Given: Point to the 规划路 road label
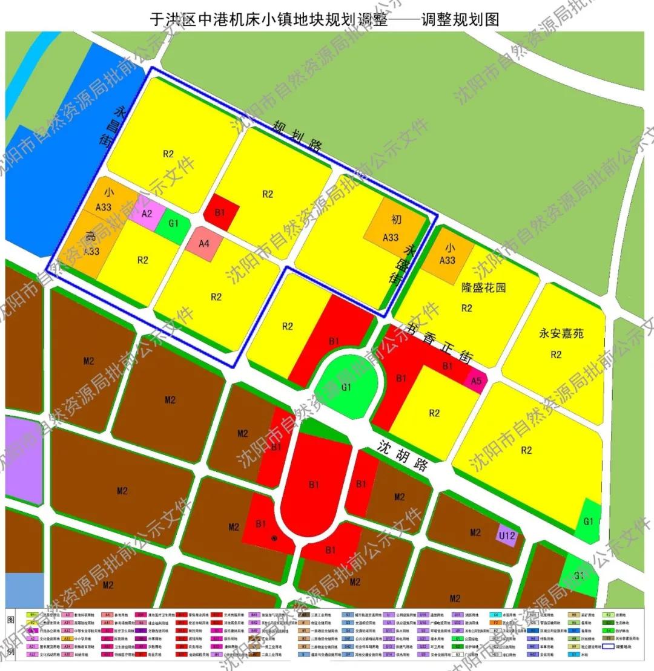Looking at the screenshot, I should point(297,137).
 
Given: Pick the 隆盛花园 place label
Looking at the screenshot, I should point(483,287).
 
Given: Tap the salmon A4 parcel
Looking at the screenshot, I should point(204,244).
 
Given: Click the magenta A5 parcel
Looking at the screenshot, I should point(477,381).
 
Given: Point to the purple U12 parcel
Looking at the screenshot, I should point(507,535).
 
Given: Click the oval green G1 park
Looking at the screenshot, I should point(346,386).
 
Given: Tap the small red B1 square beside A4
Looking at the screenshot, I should point(220,212).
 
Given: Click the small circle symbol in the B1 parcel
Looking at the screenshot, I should point(274,538).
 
